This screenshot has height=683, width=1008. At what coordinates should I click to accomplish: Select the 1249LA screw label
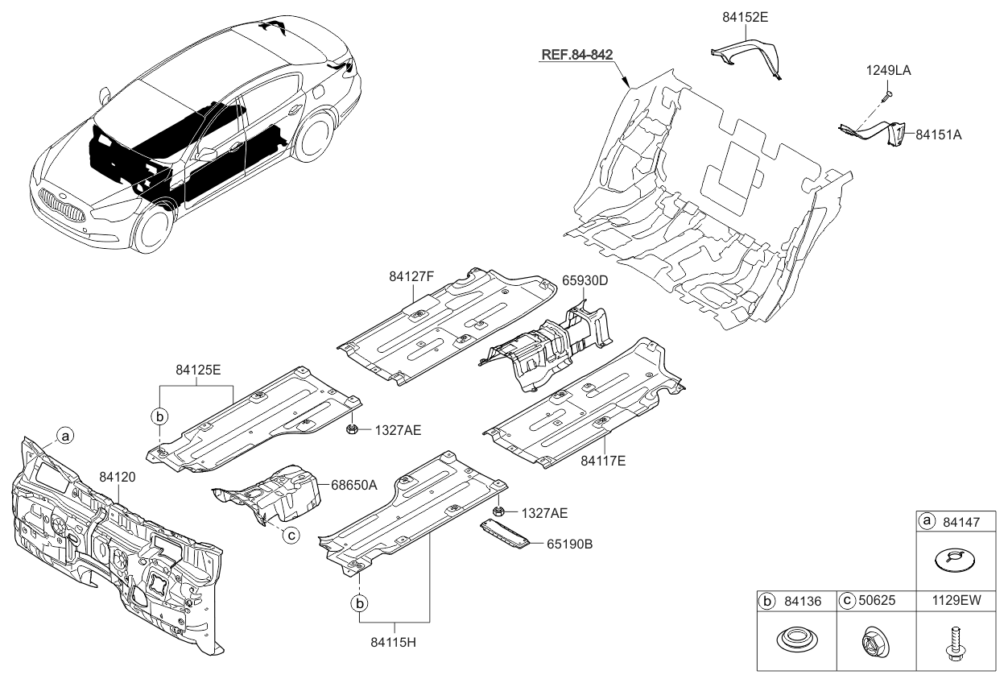[x=888, y=71]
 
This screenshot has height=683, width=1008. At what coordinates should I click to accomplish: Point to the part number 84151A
[x=939, y=135]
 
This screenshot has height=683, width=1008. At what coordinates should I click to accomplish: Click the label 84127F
[x=411, y=276]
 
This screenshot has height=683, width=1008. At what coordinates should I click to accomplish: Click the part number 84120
[x=118, y=477]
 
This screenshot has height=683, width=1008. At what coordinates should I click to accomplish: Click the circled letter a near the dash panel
[x=65, y=436]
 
